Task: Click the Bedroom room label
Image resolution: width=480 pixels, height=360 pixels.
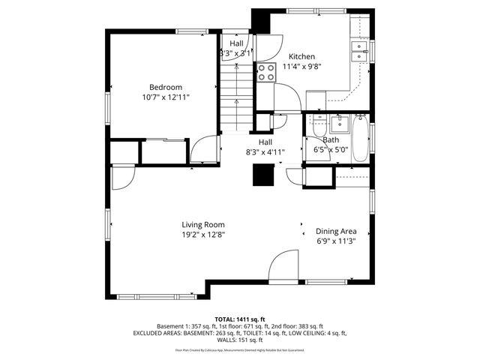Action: [x=166, y=85]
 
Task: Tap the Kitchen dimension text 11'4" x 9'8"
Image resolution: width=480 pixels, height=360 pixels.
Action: [x=301, y=67]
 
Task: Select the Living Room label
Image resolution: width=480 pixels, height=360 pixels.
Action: [x=202, y=224]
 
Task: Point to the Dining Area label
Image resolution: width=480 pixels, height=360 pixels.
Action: [x=335, y=231]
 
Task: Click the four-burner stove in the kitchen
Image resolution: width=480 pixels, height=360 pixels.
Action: [x=266, y=72]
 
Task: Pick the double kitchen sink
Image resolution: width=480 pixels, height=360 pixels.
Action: [x=359, y=51]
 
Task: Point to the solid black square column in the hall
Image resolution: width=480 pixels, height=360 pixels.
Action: [x=263, y=173]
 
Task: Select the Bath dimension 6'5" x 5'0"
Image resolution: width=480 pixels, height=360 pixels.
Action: [x=330, y=149]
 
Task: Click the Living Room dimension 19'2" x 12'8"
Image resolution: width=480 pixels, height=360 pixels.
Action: [x=202, y=235]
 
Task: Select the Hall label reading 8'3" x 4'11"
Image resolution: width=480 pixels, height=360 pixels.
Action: [x=265, y=151]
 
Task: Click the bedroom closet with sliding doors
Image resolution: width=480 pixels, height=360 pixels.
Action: [x=163, y=151]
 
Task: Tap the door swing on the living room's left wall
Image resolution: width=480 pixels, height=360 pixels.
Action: [x=121, y=177]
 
